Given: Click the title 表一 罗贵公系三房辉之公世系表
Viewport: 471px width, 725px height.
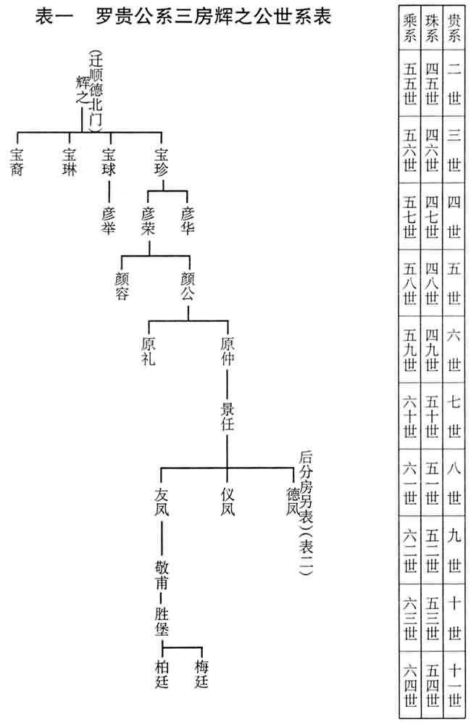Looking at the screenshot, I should (183, 17).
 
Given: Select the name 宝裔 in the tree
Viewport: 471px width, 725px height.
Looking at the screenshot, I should (17, 163).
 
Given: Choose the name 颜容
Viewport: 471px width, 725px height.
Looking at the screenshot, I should (122, 286).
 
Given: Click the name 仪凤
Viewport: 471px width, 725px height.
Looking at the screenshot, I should (228, 500).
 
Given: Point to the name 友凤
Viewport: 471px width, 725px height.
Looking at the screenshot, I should (162, 500).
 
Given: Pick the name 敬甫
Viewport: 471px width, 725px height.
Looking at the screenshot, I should (162, 572).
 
